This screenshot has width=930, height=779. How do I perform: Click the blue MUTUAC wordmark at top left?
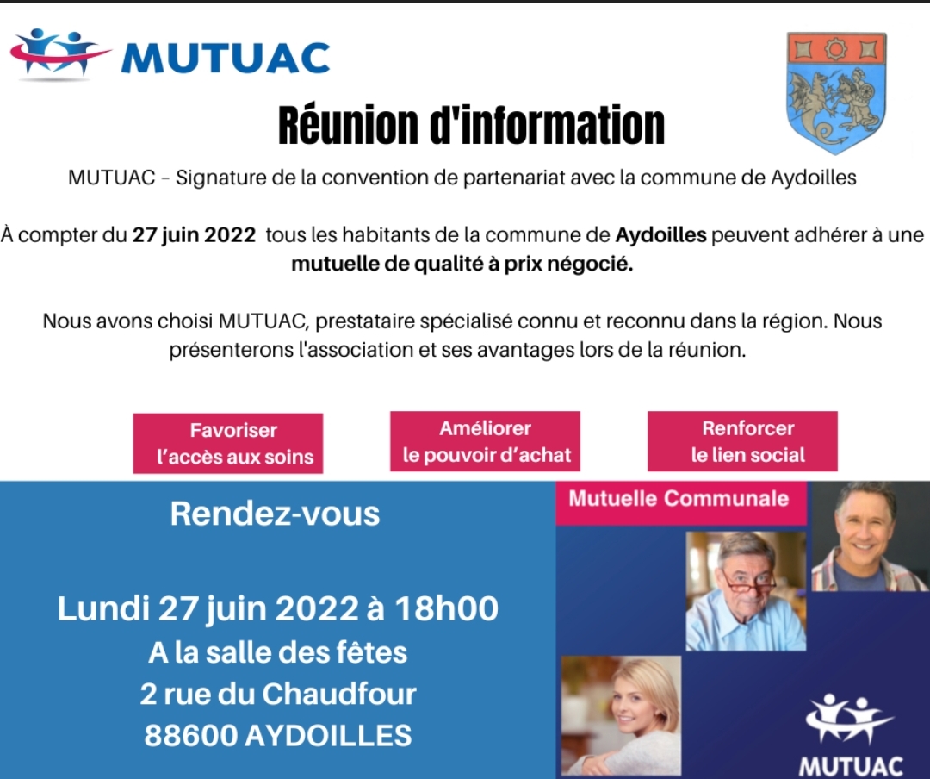click(226, 58)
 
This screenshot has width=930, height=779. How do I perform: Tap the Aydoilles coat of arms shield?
click(836, 92)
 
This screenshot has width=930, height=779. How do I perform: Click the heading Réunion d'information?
click(472, 125)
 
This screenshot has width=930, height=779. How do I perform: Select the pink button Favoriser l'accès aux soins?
click(227, 444)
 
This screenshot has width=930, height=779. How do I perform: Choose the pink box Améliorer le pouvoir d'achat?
click(485, 441)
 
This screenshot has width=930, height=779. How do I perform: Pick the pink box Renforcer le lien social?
click(742, 441)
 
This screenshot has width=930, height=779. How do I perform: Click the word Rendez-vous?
click(275, 514)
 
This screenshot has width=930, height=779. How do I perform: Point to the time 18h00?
click(447, 608)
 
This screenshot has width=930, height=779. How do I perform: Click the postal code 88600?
click(191, 735)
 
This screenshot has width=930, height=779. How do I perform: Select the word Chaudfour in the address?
click(339, 694)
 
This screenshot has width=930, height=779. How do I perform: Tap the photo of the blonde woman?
click(621, 715)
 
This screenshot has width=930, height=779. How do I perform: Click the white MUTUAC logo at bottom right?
click(851, 735)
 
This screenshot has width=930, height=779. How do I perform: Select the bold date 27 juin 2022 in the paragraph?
click(194, 235)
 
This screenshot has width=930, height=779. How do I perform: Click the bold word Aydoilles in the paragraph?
click(660, 235)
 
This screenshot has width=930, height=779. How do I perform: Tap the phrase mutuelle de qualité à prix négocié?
click(462, 264)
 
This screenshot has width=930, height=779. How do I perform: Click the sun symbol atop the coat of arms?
click(835, 49)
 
